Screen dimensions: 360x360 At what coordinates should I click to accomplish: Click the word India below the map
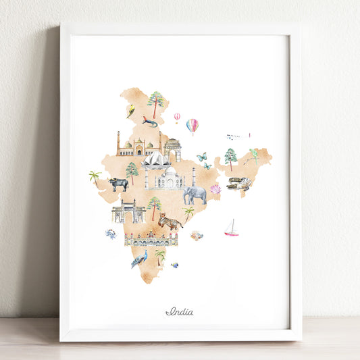coord(179,311)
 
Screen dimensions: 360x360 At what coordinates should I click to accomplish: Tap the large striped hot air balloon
coord(192,126)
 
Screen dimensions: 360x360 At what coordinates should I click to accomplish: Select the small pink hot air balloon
coord(177,117)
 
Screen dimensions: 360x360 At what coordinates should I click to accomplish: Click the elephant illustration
coord(195,195)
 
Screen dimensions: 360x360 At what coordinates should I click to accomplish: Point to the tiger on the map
coord(170,221)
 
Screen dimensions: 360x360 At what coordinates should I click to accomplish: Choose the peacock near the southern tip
coord(140,259)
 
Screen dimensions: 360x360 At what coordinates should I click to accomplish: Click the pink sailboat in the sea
coord(232,229)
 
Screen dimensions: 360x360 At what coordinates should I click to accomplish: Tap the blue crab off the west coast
coord(110,234)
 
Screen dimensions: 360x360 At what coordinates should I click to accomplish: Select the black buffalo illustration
coord(119,184)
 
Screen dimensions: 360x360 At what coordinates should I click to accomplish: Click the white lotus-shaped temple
coord(155,160)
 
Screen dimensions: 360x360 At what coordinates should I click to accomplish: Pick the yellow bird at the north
coord(130,109)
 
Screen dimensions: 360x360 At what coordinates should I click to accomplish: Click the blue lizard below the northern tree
coord(149,122)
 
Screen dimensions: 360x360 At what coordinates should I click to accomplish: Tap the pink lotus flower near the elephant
coord(215,189)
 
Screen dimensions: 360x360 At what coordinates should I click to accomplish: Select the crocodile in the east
coord(238,183)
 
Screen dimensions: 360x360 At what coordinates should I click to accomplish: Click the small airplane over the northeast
coord(234,136)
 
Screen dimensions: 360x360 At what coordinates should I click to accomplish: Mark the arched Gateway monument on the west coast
coord(128,211)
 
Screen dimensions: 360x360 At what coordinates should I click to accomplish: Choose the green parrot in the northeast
coord(253,156)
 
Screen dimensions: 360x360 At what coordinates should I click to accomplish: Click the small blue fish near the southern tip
coord(175,265)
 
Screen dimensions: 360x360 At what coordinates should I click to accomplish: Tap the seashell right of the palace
coord(196,235)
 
